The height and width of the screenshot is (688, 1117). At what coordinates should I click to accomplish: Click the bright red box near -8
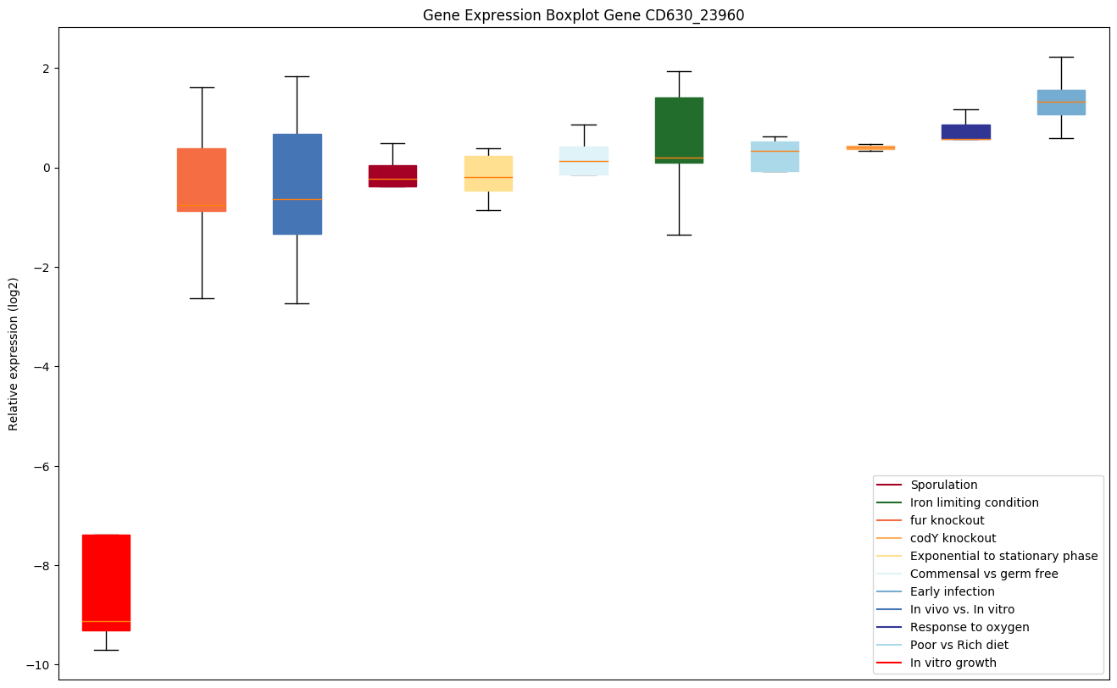coord(106,582)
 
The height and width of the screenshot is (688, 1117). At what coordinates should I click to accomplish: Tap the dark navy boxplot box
coord(965,131)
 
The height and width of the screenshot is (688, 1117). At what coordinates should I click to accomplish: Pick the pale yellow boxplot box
coord(488,173)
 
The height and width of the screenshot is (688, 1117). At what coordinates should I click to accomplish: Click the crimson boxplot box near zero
coord(392,175)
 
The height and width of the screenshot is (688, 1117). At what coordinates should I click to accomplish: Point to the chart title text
coord(583,15)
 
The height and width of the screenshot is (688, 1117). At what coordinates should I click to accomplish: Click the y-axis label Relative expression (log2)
coord(14,353)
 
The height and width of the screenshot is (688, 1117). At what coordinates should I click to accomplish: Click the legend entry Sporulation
coord(943,485)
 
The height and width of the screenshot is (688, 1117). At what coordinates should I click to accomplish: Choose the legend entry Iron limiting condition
coord(974,502)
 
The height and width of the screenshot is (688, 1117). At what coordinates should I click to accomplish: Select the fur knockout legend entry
coord(947,520)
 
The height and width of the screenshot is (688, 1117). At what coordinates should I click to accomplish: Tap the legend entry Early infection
coord(952,591)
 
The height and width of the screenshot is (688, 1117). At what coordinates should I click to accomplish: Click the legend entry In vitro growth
coord(953,663)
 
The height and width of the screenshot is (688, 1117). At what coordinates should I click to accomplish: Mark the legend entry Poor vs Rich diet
coord(959,645)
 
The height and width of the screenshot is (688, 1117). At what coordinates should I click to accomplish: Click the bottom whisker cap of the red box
coord(106,650)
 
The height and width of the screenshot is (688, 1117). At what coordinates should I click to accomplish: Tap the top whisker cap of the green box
coord(679,71)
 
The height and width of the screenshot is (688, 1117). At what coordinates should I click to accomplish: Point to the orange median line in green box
coord(679,158)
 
